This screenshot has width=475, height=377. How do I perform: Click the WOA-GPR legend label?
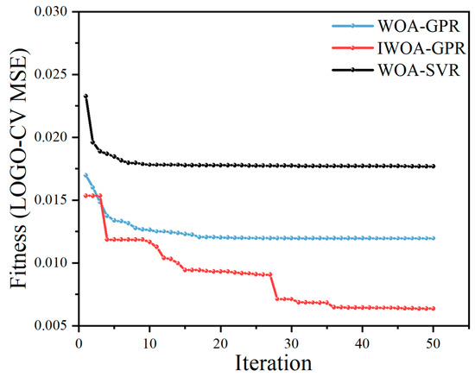[x=419, y=26]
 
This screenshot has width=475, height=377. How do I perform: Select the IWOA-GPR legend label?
[x=421, y=48]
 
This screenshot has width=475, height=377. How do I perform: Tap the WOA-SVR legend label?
[x=419, y=70]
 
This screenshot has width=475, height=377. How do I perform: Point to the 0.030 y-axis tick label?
[x=51, y=12]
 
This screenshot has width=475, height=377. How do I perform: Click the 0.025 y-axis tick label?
[x=51, y=74]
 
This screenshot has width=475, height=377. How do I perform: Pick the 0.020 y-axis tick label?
[x=51, y=137]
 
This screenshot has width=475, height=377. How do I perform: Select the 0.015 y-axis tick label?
[x=51, y=200]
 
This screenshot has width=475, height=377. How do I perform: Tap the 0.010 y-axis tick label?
[x=51, y=262]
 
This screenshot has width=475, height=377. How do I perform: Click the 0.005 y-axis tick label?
[x=51, y=325]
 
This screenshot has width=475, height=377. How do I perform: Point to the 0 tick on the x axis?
[x=79, y=343]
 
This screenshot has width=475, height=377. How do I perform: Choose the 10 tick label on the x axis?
[x=149, y=343]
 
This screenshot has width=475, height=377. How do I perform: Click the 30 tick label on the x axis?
[x=291, y=343]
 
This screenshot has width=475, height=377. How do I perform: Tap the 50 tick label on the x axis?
[x=434, y=343]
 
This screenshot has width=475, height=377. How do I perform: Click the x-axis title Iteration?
[x=273, y=362]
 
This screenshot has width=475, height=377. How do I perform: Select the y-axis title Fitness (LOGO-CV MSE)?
[x=19, y=168]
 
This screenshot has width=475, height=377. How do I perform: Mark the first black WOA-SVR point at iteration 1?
[x=85, y=97]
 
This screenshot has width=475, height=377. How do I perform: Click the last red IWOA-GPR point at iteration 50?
[x=434, y=309]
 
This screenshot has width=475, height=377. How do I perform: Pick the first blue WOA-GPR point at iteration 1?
[x=85, y=175]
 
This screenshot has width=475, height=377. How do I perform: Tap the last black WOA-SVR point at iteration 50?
[x=434, y=167]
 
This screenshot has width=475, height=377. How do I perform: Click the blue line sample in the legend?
[x=352, y=26]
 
